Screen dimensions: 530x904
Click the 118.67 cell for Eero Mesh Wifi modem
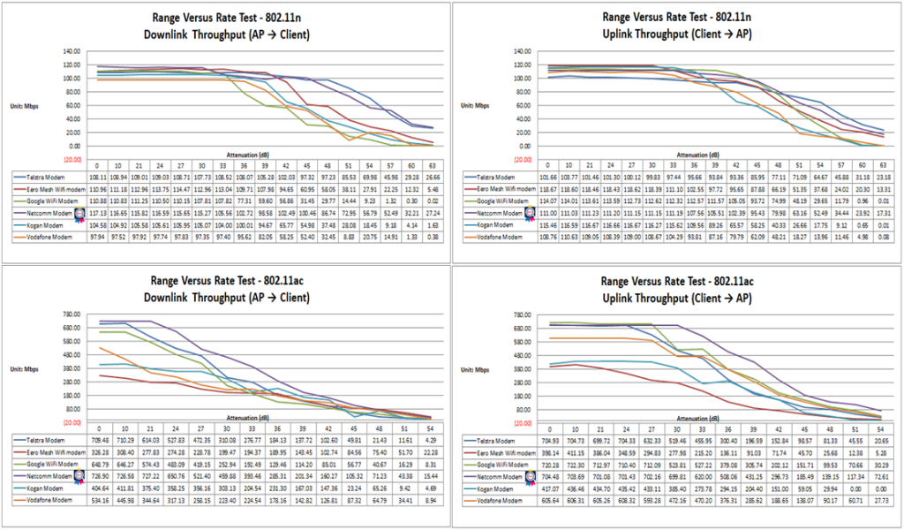[x=549, y=189]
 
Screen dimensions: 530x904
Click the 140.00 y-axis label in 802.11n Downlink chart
[x=69, y=51]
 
